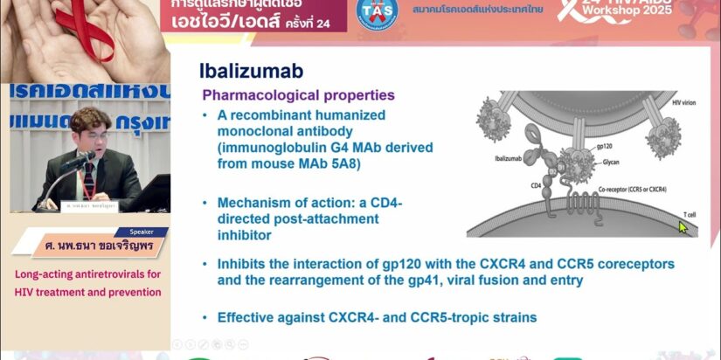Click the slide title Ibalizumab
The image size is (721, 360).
(251, 72)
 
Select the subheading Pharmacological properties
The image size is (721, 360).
(298, 95)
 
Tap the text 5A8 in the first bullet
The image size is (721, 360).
(342, 163)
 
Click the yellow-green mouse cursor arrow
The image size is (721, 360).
(683, 226)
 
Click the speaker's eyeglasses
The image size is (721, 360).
(93, 134)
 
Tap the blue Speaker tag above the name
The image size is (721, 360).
(140, 233)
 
